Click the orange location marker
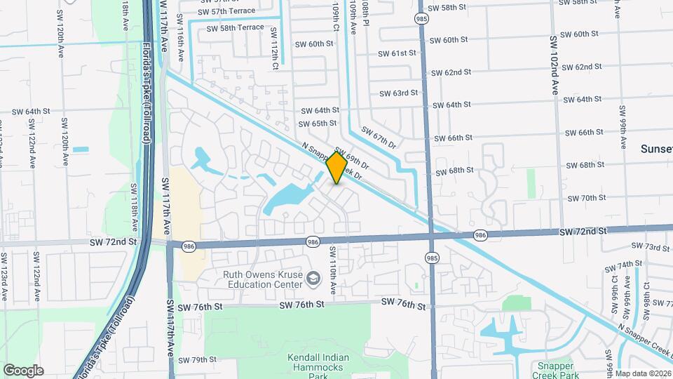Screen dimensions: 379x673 (336, 168)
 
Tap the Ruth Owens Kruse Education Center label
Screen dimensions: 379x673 (263, 280)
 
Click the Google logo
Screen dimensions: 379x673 (23, 371)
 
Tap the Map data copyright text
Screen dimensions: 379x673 (643, 373)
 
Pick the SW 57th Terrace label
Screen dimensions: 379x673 (226, 11)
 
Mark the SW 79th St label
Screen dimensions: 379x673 (197, 360)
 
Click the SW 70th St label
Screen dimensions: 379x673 (587, 199)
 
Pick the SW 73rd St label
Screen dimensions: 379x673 (651, 246)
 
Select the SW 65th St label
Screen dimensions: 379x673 (318, 124)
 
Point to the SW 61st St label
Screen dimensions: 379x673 (397, 53)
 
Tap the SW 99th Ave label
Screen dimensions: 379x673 (622, 128)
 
